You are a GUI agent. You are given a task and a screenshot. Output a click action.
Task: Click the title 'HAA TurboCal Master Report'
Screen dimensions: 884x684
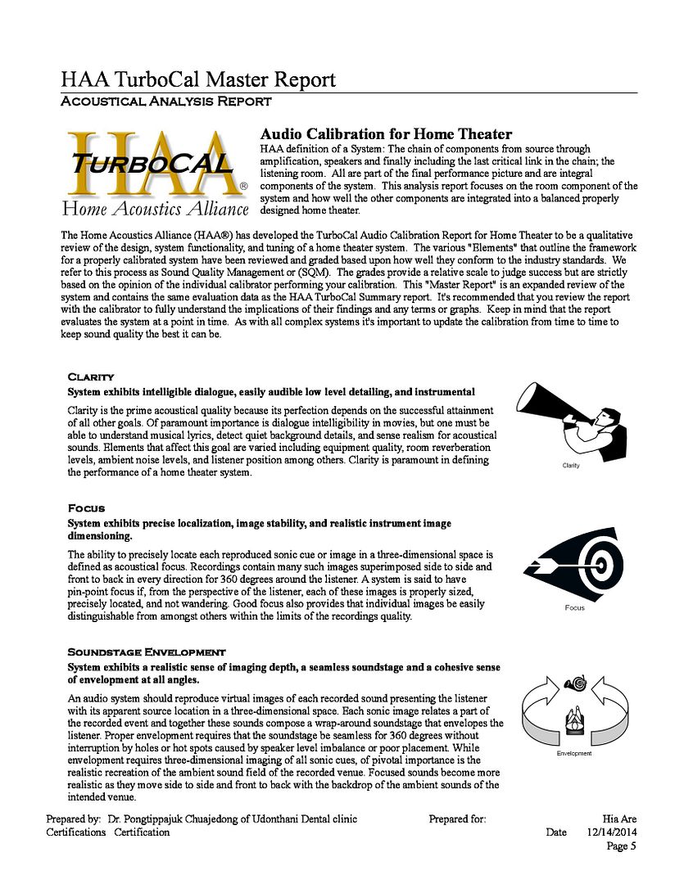pos(197,79)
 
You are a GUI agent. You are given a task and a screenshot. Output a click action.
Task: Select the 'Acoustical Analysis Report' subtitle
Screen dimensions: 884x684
pos(166,101)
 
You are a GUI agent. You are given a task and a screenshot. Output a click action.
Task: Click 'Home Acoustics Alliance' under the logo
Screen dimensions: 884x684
pos(155,209)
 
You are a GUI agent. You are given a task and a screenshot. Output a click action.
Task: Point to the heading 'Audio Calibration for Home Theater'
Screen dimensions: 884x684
pos(386,134)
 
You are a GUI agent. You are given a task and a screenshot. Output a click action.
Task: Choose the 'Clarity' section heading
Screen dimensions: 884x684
pos(90,377)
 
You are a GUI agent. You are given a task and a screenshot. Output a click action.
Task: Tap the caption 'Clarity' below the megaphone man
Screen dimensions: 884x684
pos(571,466)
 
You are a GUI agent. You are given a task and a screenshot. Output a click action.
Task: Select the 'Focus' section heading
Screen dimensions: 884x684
pos(86,508)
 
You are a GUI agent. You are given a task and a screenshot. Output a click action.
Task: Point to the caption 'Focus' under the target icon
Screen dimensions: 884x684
pos(574,607)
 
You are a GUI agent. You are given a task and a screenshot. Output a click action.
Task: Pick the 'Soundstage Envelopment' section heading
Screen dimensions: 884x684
pos(146,652)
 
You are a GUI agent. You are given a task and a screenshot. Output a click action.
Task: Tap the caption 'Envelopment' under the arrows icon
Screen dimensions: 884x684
pos(573,753)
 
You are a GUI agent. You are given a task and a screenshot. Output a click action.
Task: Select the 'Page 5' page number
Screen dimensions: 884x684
pos(621,846)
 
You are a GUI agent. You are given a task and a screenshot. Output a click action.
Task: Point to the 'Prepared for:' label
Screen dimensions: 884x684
pos(457,819)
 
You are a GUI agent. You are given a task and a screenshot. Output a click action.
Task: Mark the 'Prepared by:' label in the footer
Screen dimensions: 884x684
pos(74,819)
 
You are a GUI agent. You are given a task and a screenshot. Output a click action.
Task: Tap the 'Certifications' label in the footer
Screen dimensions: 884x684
pos(76,832)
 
